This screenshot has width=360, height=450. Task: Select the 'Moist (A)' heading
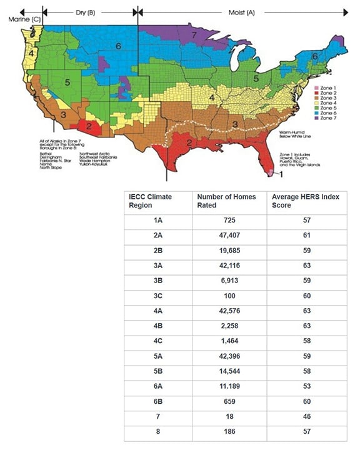(242, 12)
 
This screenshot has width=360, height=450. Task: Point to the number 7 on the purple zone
(194, 35)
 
